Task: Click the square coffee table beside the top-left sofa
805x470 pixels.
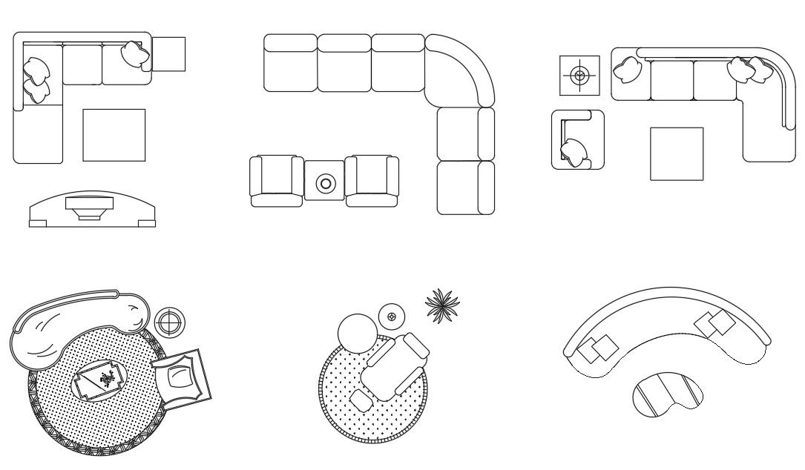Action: click(x=114, y=135)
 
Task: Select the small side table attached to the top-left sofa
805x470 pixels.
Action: click(x=168, y=54)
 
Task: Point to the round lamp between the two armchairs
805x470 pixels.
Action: click(x=325, y=183)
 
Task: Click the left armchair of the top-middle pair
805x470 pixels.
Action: click(x=276, y=181)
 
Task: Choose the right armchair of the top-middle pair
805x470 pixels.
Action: click(x=372, y=181)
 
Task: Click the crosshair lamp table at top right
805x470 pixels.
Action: click(x=579, y=75)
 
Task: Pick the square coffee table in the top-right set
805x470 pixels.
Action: click(x=676, y=153)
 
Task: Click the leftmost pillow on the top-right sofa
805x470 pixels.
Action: click(x=628, y=70)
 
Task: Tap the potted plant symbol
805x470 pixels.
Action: click(x=442, y=305)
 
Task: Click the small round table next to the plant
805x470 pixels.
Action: click(x=391, y=317)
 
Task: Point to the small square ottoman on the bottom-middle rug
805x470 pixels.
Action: click(x=361, y=401)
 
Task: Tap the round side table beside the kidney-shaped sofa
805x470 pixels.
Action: click(x=170, y=322)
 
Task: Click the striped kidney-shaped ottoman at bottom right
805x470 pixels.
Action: click(x=667, y=394)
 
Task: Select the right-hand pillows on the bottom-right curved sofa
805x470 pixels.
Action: click(x=714, y=323)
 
